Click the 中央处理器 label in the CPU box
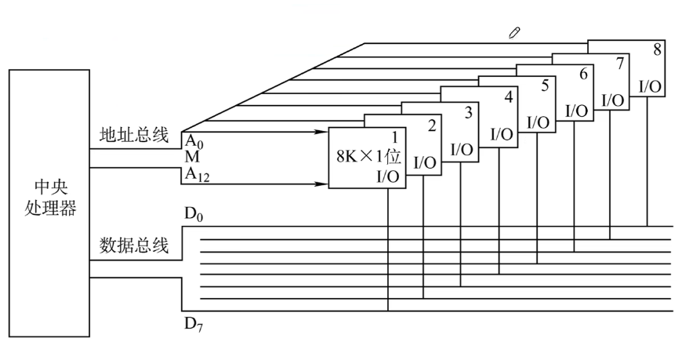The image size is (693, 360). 50,198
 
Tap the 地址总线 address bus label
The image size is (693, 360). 134,135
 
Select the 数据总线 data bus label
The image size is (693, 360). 134,245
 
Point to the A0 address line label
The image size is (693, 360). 194,141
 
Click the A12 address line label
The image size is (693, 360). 197,175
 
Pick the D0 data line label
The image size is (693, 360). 194,214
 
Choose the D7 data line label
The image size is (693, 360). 194,325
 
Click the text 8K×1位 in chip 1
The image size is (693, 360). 368,156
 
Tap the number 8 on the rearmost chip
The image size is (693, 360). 657,49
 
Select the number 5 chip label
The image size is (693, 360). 545,85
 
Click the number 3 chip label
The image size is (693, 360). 469,112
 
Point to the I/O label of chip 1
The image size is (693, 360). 387,177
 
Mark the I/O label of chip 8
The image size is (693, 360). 651,87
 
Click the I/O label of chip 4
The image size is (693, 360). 502,134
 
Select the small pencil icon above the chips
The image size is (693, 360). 514,33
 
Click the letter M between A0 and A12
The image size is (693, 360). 192,157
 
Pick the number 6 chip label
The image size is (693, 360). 583,74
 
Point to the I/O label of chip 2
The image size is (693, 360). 425,163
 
